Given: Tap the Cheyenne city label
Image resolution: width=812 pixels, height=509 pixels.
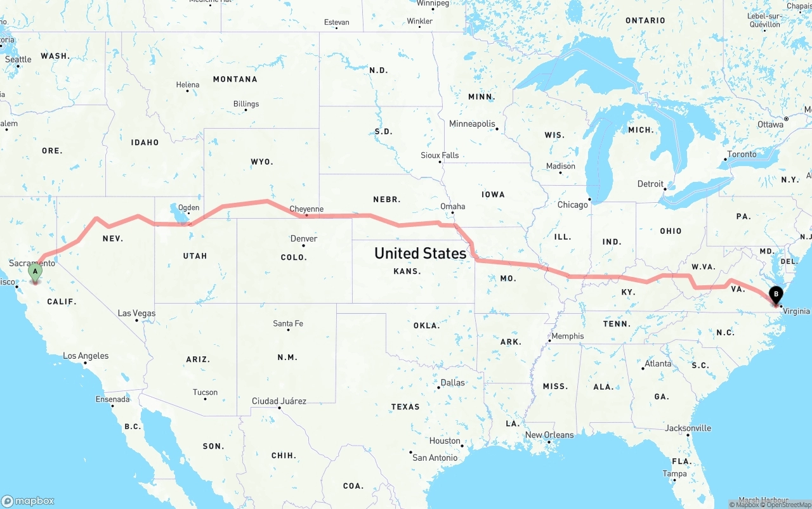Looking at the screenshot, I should tap(306, 209).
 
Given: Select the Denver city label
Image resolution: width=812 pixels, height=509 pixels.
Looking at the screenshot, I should tap(303, 239).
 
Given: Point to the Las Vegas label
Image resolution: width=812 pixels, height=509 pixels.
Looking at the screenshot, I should tap(136, 313).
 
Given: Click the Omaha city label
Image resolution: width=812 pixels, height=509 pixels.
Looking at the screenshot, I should tap(452, 207).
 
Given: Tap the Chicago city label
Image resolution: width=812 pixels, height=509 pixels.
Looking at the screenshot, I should tap(572, 205).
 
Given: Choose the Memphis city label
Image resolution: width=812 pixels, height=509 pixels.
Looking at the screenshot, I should tap(567, 336).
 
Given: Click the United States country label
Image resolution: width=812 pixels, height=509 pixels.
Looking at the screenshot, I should tap(420, 253).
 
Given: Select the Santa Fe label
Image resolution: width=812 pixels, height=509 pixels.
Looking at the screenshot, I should tap(288, 323).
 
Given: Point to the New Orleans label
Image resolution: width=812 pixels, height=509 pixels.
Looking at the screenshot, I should tap(549, 435).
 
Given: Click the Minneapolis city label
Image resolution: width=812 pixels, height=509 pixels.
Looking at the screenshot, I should tap(472, 124).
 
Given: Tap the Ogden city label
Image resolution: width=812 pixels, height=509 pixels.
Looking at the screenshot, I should tap(188, 207).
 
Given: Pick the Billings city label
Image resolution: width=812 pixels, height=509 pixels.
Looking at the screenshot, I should tap(246, 104).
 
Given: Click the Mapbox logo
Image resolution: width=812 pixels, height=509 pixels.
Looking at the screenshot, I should tap(28, 501).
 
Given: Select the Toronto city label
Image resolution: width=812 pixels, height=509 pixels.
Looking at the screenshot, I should tap(742, 154).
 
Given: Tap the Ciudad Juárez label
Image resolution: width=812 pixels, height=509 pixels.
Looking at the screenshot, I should tap(279, 401).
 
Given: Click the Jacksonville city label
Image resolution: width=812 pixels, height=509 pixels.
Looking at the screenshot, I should tap(688, 428).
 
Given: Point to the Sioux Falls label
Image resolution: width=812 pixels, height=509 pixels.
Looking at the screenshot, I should tap(440, 155).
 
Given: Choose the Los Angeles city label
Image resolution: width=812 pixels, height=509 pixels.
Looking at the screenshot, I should tap(86, 356).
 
